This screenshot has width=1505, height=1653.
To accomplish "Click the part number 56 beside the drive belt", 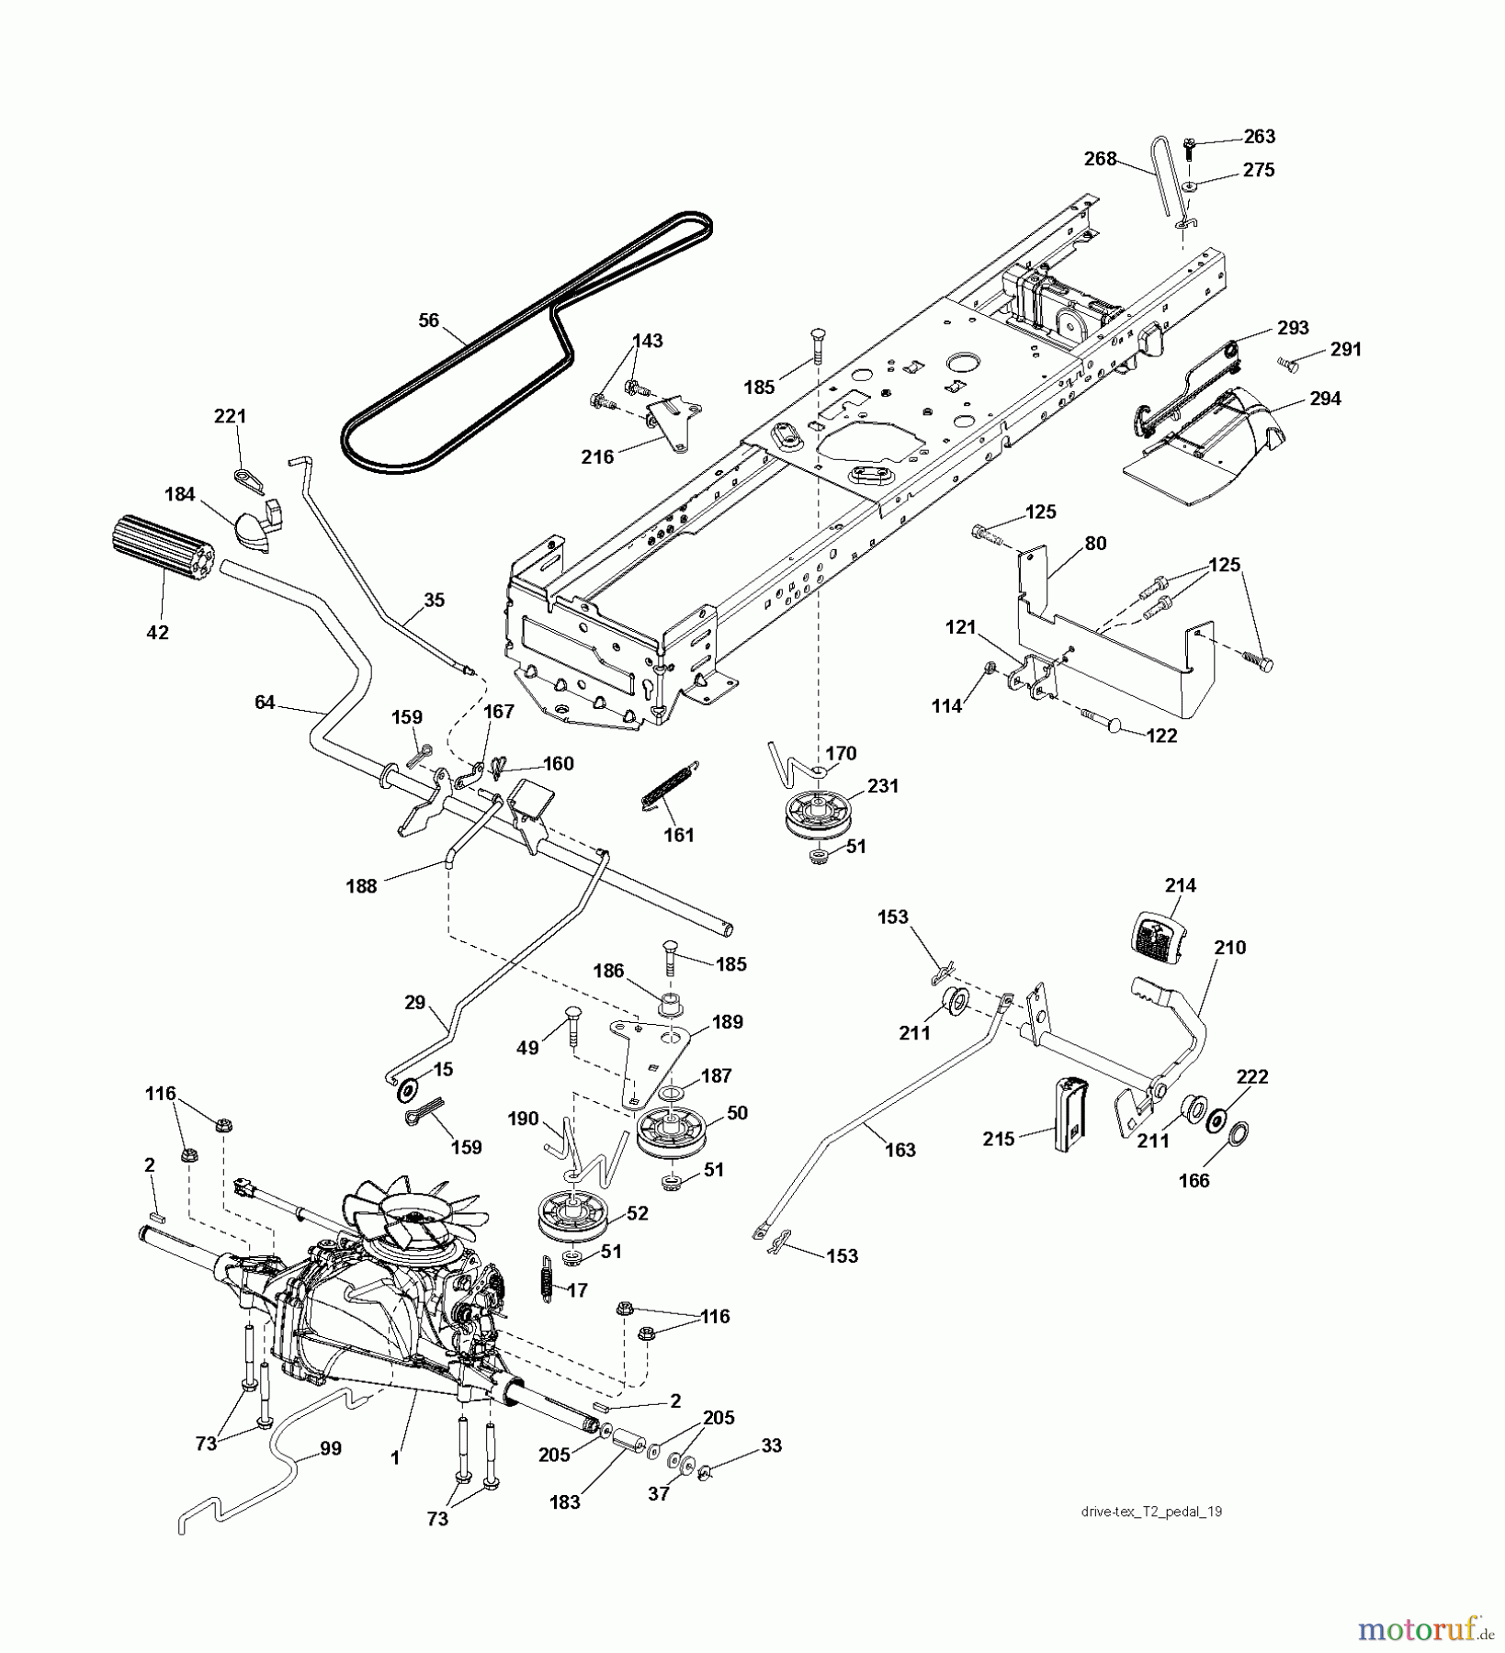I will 428,320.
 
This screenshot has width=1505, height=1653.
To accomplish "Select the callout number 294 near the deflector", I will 1325,399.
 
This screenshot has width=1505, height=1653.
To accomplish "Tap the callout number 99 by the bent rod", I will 330,1448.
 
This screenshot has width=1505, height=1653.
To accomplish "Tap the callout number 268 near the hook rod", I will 1100,159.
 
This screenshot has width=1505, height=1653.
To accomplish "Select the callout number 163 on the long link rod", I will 900,1150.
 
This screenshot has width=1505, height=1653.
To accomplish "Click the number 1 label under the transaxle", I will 395,1457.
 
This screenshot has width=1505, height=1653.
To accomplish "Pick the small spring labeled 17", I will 546,1276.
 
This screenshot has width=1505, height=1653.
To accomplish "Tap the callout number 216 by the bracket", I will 597,455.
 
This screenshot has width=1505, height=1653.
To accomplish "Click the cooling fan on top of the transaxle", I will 404,1215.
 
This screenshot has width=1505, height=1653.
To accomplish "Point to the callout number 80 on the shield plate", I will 1094,543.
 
